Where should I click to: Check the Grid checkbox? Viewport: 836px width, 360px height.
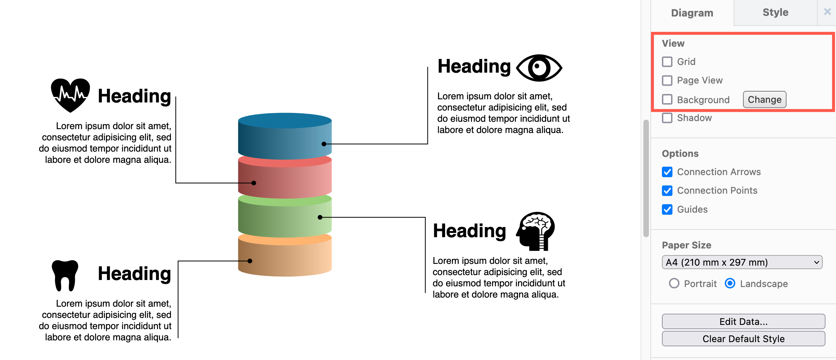(x=667, y=62)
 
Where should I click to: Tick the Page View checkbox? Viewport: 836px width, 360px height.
(x=667, y=80)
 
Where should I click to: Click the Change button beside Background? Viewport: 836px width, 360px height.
(x=764, y=100)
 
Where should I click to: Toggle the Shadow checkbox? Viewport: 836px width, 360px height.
(x=667, y=118)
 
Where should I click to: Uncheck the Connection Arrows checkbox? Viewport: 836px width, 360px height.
(x=667, y=172)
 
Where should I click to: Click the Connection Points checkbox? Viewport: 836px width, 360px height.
(x=667, y=191)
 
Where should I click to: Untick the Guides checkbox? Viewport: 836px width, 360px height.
(x=667, y=209)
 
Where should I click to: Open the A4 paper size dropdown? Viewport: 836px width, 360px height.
(x=742, y=262)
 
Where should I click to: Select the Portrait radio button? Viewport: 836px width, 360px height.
(x=674, y=284)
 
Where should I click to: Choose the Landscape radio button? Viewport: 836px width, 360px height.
(x=730, y=284)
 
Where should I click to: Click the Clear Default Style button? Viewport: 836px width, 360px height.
(x=743, y=339)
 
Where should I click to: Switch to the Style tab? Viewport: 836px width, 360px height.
(x=775, y=13)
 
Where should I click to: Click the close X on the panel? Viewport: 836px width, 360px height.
(x=827, y=12)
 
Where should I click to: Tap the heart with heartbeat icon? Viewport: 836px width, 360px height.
(x=70, y=95)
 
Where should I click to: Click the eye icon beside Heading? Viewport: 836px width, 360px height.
(x=539, y=68)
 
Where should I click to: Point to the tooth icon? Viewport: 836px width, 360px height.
(x=65, y=275)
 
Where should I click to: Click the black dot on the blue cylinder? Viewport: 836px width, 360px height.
(x=324, y=144)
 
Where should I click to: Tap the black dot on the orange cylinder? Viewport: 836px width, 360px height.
(x=250, y=261)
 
